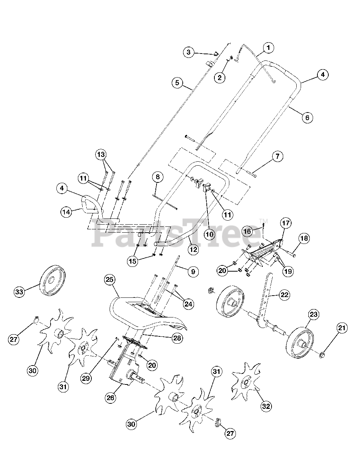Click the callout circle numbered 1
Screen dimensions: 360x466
(x=268, y=47)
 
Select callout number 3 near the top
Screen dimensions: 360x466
(x=188, y=52)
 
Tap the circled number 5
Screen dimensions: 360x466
(x=177, y=83)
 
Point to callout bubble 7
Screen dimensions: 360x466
(x=277, y=157)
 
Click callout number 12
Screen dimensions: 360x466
(x=193, y=250)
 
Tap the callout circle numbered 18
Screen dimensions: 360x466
(x=304, y=238)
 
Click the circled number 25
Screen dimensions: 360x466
(x=109, y=280)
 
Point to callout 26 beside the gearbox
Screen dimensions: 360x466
(x=110, y=398)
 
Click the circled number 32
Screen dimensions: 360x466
(x=266, y=407)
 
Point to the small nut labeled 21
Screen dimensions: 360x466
(x=322, y=355)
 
